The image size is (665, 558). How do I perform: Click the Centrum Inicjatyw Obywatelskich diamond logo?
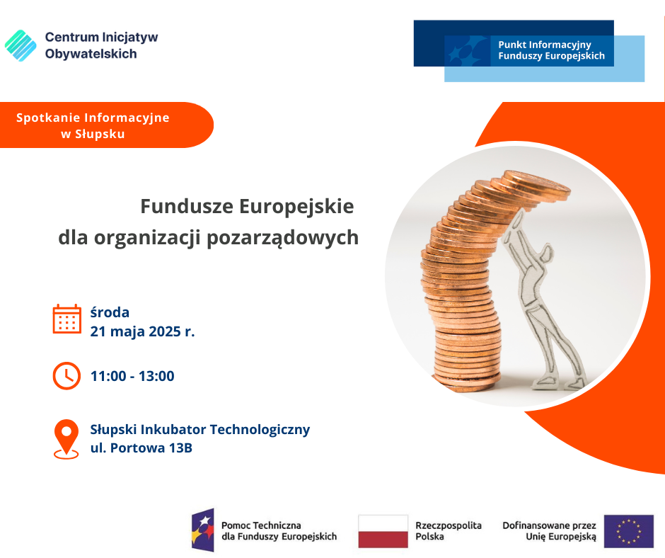coord(21,45)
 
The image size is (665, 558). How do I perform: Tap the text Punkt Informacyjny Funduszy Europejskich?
coord(551,50)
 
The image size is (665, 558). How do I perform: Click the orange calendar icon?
coord(67,319)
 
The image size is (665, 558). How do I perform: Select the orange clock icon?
coord(66,376)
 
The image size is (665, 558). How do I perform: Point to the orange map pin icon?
coord(66,439)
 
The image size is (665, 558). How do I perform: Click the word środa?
coord(110,312)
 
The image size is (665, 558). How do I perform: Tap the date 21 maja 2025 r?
coord(142,331)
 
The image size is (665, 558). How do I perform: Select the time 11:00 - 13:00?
coord(132,376)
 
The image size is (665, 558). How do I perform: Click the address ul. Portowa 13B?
coord(141,448)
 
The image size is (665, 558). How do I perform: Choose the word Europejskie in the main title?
coord(296,207)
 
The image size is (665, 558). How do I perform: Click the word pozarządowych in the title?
coord(282,238)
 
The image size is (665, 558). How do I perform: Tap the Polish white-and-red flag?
coord(383,531)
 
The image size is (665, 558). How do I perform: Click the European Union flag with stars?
coord(628,531)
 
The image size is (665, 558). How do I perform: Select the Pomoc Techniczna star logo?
coord(203,530)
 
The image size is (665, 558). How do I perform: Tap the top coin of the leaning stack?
coord(537,182)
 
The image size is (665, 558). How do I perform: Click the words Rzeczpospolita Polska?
coord(449,531)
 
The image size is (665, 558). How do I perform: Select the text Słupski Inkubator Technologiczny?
coord(200,430)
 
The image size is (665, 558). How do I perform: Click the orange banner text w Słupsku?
coord(93,135)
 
